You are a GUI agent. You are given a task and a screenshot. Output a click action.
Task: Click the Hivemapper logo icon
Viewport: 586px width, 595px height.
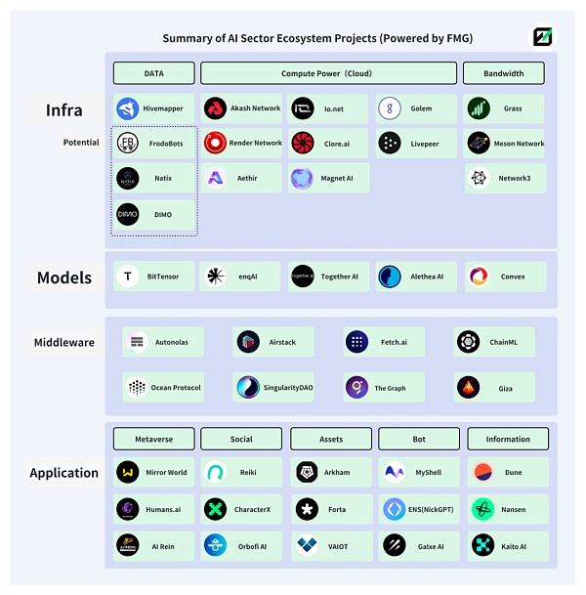[128, 108]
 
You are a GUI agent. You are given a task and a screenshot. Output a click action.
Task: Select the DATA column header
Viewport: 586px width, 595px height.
[153, 73]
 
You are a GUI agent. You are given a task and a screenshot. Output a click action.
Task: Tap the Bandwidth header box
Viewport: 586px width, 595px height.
[503, 73]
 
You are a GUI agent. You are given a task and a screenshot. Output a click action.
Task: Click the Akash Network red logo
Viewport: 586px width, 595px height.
[215, 108]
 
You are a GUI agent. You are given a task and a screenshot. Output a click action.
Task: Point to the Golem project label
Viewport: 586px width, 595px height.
[421, 108]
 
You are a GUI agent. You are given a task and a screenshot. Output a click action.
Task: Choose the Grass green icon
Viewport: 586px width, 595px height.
[478, 108]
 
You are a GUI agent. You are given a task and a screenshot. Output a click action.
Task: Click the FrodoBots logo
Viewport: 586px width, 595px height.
[128, 144]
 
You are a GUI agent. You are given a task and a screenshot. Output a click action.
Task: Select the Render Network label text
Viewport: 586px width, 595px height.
[255, 144]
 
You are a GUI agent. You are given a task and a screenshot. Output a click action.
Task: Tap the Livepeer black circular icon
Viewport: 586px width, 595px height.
[389, 144]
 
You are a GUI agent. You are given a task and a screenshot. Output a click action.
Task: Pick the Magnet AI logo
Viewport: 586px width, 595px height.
[302, 178]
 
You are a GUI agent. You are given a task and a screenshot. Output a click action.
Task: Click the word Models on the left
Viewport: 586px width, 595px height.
[64, 277]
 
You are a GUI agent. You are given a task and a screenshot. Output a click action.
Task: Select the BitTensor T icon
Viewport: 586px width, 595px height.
[128, 276]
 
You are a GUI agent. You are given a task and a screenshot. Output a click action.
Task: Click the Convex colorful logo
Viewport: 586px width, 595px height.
[478, 276]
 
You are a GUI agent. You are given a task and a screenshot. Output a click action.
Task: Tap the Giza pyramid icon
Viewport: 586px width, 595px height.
[468, 388]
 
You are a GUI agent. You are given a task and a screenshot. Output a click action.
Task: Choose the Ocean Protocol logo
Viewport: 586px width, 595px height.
[137, 388]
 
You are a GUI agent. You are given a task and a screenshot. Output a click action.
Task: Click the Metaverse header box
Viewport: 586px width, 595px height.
[153, 439]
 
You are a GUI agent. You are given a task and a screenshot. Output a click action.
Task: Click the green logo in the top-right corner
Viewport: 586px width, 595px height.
[542, 37]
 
